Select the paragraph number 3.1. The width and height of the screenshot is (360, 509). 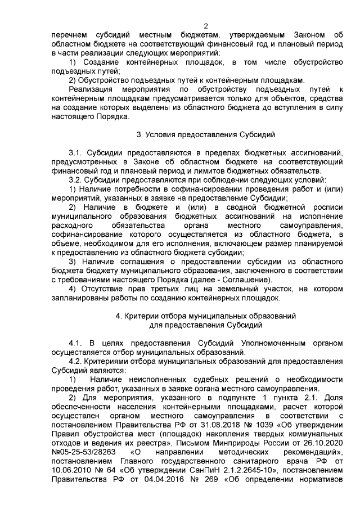click(75, 153)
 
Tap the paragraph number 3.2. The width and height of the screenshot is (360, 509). click(75, 180)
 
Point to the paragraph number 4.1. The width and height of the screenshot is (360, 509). click(75, 343)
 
